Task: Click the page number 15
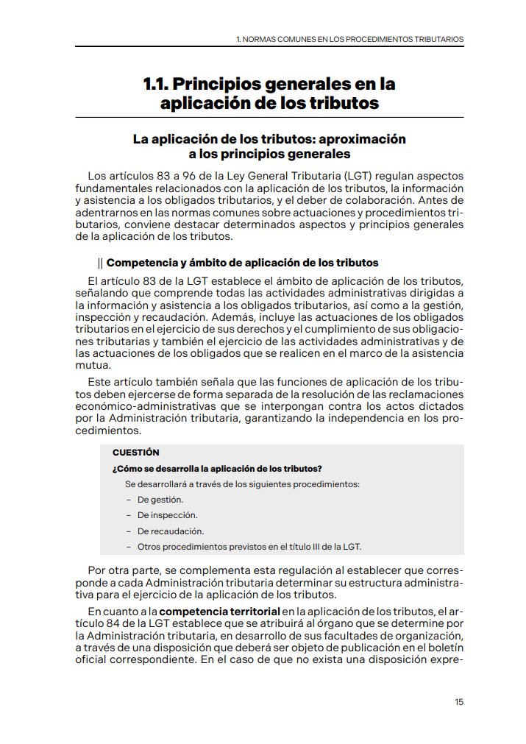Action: point(459,701)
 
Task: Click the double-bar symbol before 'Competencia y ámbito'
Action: point(100,262)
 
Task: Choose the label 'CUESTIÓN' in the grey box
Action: point(135,453)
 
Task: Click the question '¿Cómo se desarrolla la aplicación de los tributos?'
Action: point(217,469)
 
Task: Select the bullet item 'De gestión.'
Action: point(160,500)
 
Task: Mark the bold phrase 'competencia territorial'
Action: point(220,612)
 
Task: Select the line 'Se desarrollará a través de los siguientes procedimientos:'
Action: point(242,484)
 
